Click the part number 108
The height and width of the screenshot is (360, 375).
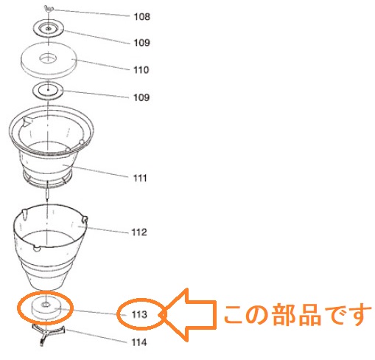tap(141, 17)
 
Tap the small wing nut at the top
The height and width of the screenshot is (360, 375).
tap(48, 9)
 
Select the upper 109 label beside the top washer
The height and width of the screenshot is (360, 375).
tap(141, 43)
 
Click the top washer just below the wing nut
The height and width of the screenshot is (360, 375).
tap(48, 29)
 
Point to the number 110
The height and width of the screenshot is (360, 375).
tap(141, 70)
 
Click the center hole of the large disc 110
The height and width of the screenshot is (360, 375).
tap(48, 58)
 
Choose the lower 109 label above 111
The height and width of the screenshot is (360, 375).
tap(141, 97)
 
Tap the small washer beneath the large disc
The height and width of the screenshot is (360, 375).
tap(48, 91)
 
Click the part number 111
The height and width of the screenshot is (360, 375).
tap(140, 178)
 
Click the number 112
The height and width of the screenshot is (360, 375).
tap(139, 232)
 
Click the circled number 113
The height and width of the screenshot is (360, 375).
tap(139, 314)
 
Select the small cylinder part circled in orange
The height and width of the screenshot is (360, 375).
tap(46, 308)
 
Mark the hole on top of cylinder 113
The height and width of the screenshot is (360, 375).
tap(46, 305)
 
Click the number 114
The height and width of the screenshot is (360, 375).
tap(139, 342)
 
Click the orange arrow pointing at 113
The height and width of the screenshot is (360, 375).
tap(189, 315)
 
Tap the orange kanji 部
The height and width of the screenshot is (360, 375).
tap(284, 315)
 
